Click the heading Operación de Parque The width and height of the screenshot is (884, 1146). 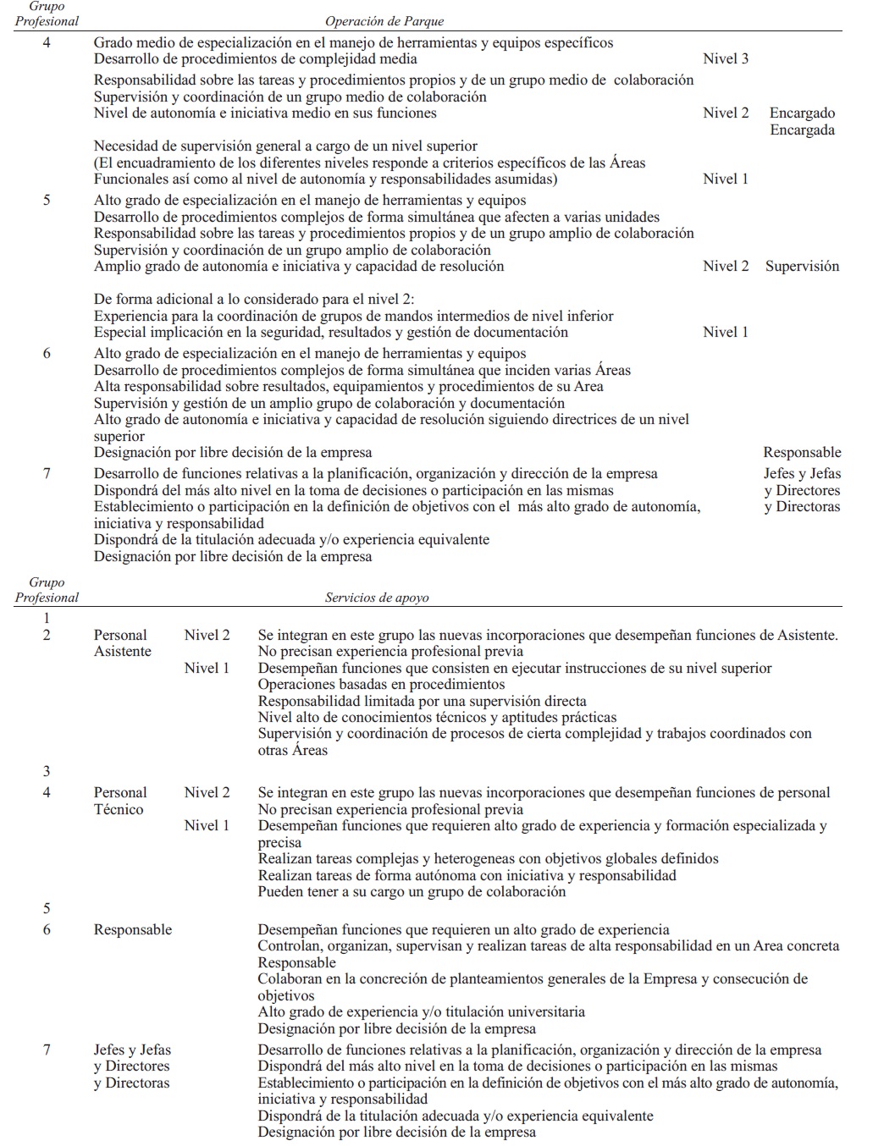[384, 21]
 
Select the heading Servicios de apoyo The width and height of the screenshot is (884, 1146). [377, 598]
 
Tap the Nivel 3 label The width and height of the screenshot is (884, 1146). [726, 58]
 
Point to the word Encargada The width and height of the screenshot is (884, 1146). [802, 129]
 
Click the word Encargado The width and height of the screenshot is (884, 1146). [802, 113]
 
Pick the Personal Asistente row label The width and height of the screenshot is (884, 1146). [122, 643]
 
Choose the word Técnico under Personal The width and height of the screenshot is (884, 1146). [119, 809]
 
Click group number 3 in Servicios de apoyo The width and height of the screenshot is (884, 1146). [47, 771]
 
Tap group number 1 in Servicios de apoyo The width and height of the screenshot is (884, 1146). [47, 619]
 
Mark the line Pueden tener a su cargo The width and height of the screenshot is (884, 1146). [412, 891]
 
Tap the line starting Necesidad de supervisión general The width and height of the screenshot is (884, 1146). [285, 146]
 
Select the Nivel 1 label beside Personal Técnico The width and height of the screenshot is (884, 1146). [207, 825]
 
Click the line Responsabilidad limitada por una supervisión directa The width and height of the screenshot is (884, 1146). [422, 701]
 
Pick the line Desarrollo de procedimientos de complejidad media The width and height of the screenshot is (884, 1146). [255, 58]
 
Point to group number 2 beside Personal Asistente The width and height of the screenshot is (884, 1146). [47, 635]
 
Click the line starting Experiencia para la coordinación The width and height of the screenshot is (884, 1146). [353, 316]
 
